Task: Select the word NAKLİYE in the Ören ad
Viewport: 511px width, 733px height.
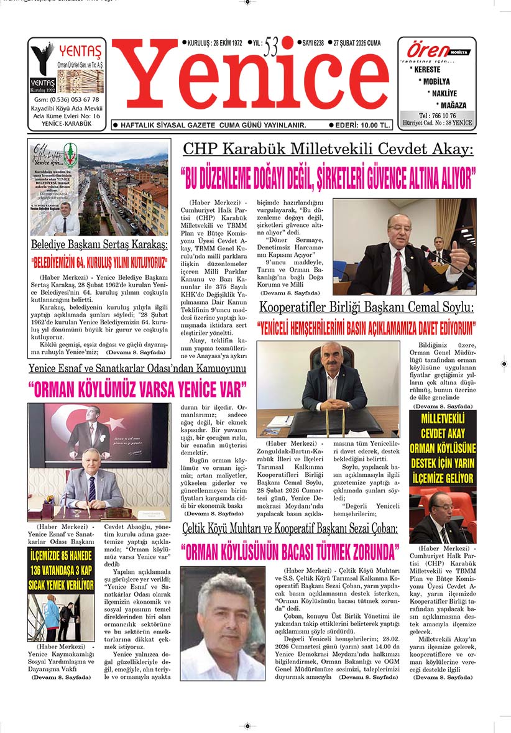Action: point(444,93)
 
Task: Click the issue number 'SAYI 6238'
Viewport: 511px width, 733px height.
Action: point(316,44)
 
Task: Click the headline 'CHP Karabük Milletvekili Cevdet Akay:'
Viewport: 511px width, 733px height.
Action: point(328,149)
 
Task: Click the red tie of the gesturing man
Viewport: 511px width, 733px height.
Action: point(396,272)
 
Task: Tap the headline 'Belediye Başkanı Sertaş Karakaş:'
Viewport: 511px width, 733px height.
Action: point(99,243)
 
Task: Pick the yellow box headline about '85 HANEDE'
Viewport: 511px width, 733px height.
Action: point(61,569)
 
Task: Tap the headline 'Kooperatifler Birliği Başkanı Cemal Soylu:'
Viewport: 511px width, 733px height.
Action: point(366,307)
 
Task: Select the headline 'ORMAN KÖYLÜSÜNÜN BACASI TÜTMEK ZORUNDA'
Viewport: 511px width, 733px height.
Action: point(290,551)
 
